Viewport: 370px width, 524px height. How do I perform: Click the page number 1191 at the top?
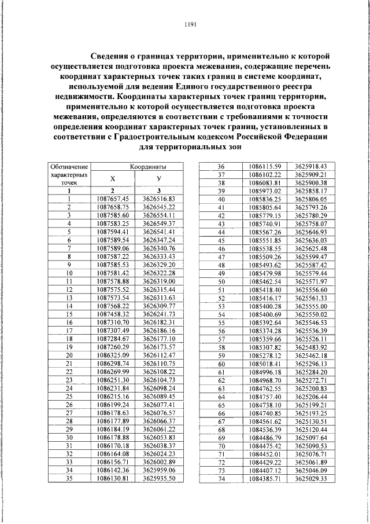click(191, 25)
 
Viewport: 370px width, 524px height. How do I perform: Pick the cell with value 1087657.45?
click(113, 199)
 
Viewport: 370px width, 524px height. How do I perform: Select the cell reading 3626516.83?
click(158, 199)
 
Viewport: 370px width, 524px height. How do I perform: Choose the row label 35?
click(69, 478)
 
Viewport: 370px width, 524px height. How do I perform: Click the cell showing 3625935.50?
click(158, 478)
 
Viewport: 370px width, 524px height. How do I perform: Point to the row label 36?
click(220, 166)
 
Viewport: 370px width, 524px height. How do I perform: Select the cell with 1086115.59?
click(265, 166)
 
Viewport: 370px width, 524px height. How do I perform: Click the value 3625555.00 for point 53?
click(310, 306)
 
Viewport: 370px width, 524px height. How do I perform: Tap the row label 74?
click(220, 479)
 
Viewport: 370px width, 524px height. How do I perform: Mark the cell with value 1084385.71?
click(265, 479)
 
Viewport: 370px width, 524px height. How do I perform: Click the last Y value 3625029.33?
click(310, 479)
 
